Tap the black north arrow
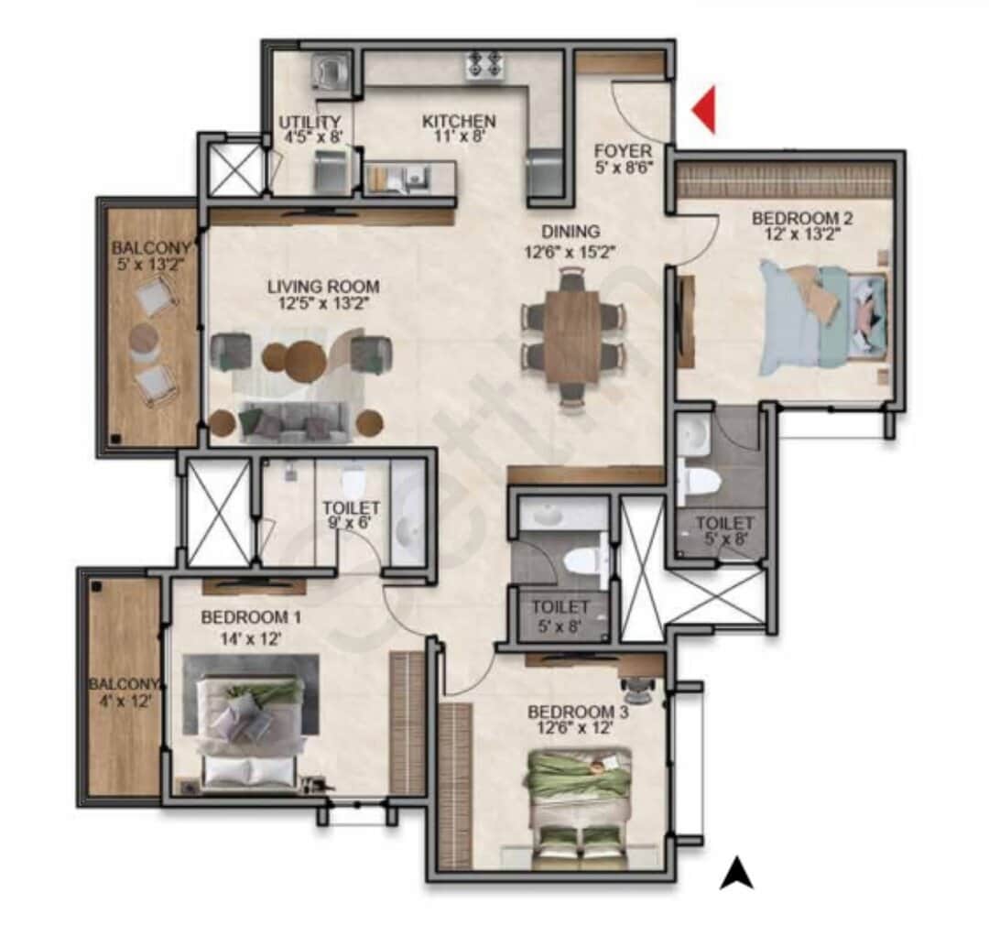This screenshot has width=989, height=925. pos(736,873)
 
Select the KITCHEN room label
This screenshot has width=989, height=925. pos(459,121)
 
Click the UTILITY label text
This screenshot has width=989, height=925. pos(310,122)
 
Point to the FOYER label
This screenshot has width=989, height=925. pos(623,151)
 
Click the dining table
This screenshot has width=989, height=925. pos(572,335)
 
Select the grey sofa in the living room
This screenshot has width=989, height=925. pos(293,422)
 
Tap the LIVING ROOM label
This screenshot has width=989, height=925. pos(323,287)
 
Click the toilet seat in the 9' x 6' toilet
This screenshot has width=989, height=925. pos(353,481)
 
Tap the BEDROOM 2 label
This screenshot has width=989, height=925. pos(795,218)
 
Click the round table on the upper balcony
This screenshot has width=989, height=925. pos(143,340)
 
